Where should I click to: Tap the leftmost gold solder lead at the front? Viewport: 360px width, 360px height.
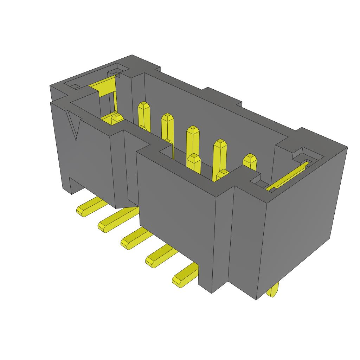tap(88, 207)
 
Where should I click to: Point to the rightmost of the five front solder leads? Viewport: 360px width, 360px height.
tap(184, 276)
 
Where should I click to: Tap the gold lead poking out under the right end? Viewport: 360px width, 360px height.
tap(273, 290)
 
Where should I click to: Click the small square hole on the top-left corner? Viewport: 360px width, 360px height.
tap(75, 86)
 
